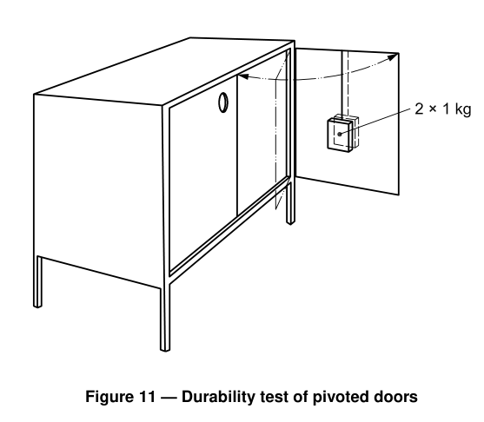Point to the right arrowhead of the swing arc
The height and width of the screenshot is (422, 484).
click(394, 57)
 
